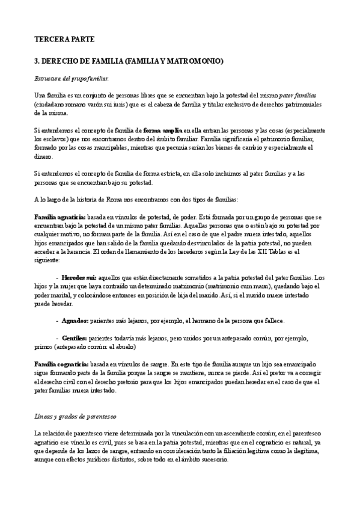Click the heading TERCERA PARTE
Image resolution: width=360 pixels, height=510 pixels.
point(65,39)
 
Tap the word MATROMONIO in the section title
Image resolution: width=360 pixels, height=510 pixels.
point(194,61)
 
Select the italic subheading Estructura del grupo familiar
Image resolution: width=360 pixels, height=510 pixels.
point(71,79)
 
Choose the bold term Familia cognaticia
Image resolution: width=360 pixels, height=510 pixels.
point(61,364)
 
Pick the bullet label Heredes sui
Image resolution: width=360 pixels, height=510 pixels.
point(79,278)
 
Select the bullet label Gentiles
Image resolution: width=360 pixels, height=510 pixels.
point(76,339)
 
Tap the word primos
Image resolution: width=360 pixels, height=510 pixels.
point(43,347)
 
